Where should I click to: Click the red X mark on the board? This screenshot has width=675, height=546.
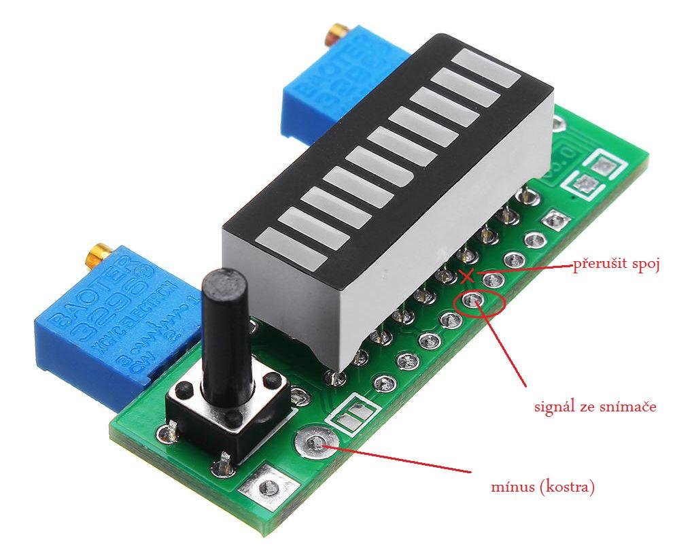point(466,276)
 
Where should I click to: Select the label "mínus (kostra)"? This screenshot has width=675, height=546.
point(542,487)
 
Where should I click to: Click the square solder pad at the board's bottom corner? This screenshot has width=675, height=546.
point(269,487)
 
